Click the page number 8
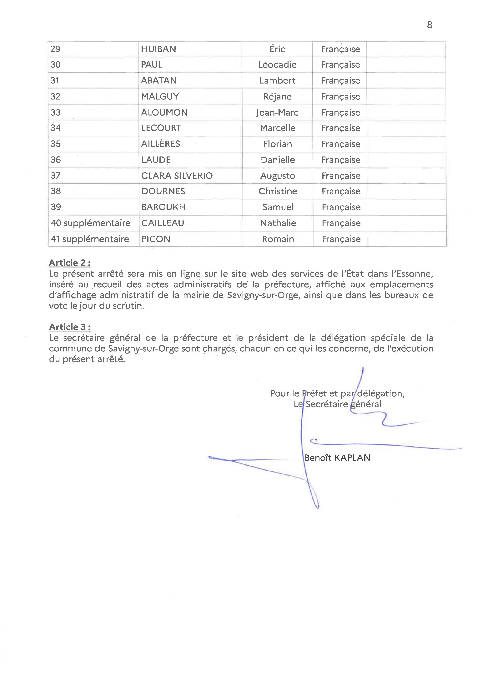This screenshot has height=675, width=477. [429, 25]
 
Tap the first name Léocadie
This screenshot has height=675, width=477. [277, 65]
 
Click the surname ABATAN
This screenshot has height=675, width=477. [159, 81]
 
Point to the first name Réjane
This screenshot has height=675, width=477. [277, 96]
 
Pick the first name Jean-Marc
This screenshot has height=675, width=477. [277, 112]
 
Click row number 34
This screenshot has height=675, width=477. [56, 128]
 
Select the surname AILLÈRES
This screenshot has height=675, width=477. [160, 144]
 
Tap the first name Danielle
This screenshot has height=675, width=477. [278, 160]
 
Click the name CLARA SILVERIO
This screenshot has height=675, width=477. [177, 176]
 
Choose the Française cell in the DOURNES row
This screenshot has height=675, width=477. [341, 191]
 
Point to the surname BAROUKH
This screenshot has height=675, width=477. [163, 207]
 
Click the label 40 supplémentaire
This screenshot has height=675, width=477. [90, 223]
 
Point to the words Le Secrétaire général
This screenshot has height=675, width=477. [338, 404]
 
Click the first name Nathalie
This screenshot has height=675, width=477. [278, 223]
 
